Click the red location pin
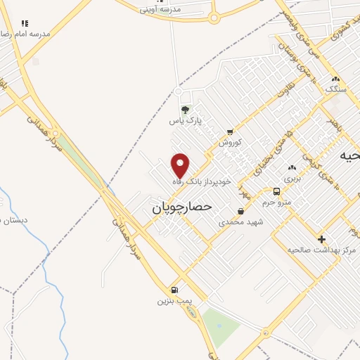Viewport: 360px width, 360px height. point(181,165)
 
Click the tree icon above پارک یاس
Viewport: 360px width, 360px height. point(186,110)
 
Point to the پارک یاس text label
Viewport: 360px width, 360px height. point(185,121)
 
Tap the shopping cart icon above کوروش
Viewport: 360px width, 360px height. point(230,131)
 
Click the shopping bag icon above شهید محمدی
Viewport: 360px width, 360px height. point(241,211)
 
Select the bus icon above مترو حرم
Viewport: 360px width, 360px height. point(277,191)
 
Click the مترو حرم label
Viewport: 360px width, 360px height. point(276,202)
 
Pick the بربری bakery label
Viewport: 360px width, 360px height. point(292,179)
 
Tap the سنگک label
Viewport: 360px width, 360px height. point(336,90)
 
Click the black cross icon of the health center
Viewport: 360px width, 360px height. point(322,239)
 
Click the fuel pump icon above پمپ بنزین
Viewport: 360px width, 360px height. point(174,290)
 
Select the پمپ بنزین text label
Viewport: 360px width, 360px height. point(174,301)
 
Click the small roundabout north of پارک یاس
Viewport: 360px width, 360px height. point(179,92)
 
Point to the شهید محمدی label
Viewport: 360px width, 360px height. point(240,221)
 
